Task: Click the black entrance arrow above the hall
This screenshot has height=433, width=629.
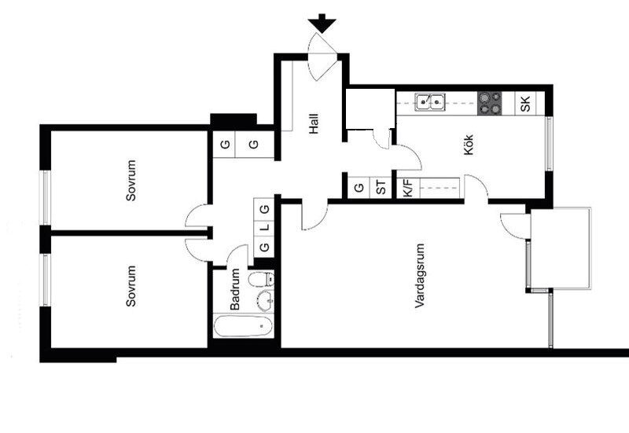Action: [322, 24]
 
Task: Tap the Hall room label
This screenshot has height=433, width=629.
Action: [314, 124]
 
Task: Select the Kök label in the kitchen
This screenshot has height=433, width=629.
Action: [469, 145]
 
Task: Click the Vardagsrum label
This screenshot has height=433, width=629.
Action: [420, 276]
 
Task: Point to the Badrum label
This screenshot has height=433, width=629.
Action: [234, 289]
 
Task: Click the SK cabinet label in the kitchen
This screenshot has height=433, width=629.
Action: [525, 104]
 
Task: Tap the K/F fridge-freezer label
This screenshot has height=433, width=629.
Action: [407, 188]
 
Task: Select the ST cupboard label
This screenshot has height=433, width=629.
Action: [381, 187]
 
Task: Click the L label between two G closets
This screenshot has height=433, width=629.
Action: [265, 228]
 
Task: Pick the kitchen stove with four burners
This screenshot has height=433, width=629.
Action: [490, 104]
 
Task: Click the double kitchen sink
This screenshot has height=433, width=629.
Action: [430, 102]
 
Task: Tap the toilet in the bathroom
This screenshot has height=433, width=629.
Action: [261, 279]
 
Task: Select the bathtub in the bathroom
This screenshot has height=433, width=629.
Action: [243, 326]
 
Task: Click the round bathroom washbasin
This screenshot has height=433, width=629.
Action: [265, 301]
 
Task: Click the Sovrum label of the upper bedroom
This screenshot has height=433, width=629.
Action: [131, 181]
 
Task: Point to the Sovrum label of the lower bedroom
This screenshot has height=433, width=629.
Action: [131, 286]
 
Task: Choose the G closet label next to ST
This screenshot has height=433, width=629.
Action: [359, 187]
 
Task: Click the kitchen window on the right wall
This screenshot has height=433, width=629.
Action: [549, 144]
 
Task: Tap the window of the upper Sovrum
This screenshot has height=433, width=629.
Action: [46, 198]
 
